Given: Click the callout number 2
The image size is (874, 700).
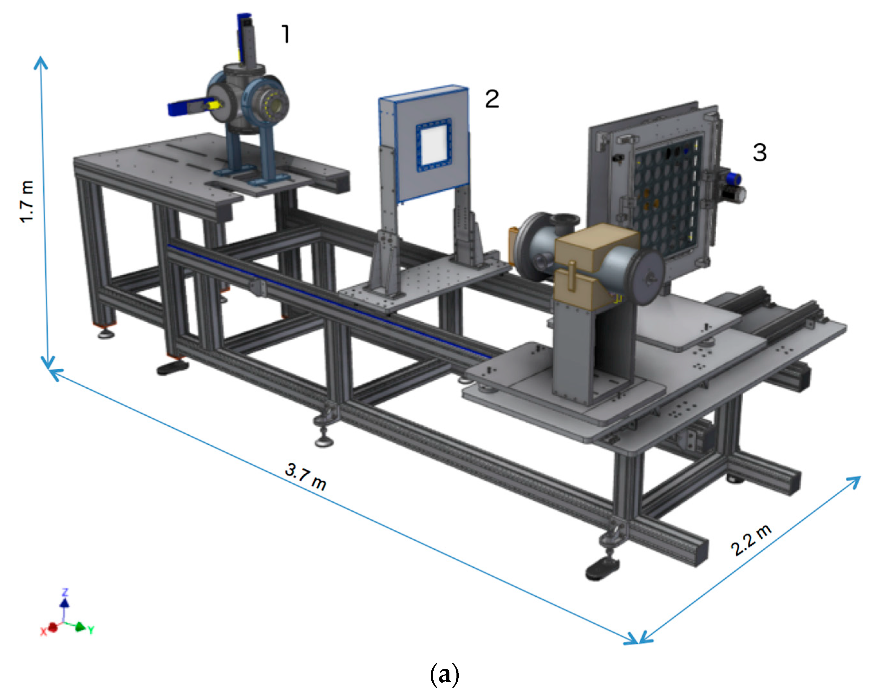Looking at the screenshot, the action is [x=492, y=99].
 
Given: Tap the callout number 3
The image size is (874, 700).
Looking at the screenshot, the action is [x=760, y=153].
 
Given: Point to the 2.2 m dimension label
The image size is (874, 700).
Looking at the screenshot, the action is [x=751, y=540].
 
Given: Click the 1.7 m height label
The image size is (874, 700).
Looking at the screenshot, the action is [x=27, y=202].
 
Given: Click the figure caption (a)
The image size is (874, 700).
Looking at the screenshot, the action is [x=444, y=675].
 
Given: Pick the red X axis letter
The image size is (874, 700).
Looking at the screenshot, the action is [x=43, y=631].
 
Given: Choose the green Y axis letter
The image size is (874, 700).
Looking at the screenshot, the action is [x=91, y=630].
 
